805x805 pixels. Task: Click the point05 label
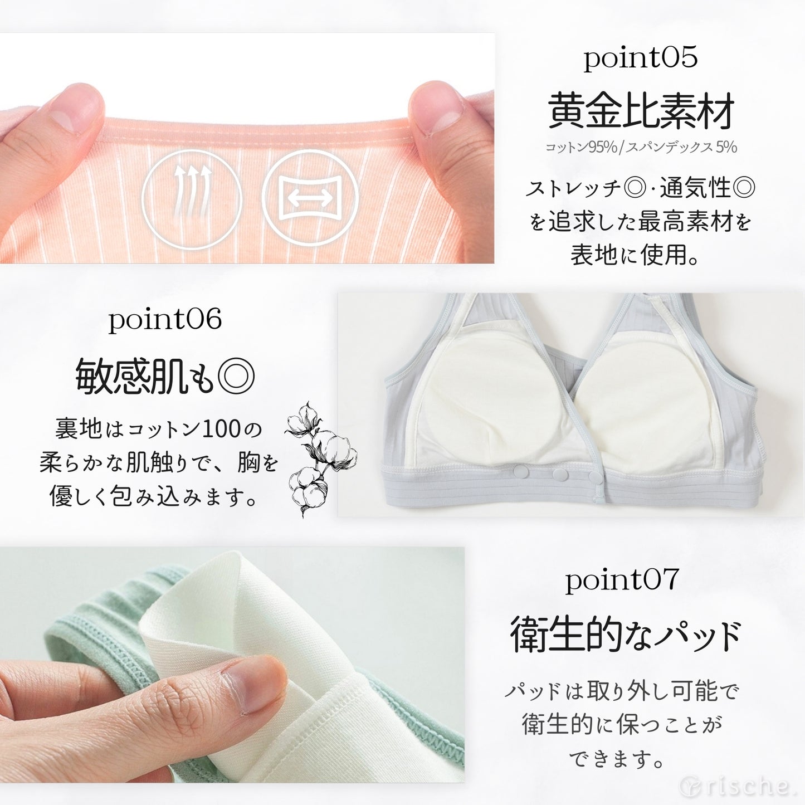tap(640, 58)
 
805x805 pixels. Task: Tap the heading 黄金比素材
tap(641, 110)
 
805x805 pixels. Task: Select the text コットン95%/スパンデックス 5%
tap(641, 147)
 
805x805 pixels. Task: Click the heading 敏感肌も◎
tap(165, 377)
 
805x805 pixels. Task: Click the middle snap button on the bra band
tap(559, 474)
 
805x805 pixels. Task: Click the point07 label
tap(622, 580)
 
